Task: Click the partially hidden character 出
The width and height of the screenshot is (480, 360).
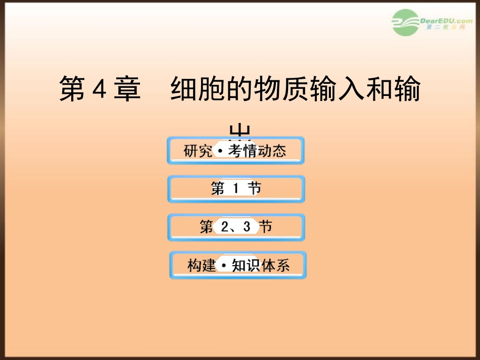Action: pyautogui.click(x=239, y=132)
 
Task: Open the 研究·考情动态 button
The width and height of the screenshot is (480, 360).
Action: pyautogui.click(x=235, y=150)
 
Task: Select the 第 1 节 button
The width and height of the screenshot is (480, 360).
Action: pyautogui.click(x=236, y=189)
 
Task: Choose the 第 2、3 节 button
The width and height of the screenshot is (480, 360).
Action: pyautogui.click(x=236, y=227)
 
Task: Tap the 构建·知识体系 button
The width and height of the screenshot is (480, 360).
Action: pyautogui.click(x=238, y=265)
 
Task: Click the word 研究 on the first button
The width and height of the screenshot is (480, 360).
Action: pyautogui.click(x=198, y=151)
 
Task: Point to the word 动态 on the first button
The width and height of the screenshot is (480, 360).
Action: pyautogui.click(x=272, y=151)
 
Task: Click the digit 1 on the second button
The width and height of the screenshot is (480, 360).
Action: pyautogui.click(x=235, y=189)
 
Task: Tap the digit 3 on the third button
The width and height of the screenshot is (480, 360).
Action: pyautogui.click(x=247, y=227)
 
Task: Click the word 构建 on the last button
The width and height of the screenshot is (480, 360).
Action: pyautogui.click(x=202, y=266)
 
